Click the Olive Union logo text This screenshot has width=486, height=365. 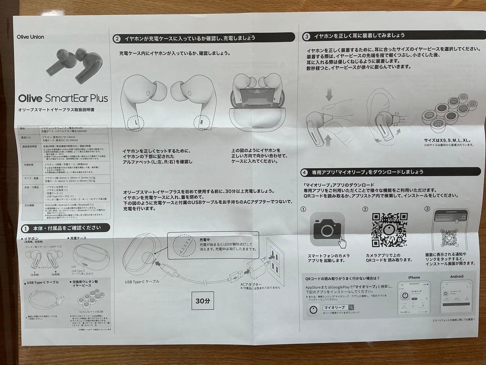point(30,37)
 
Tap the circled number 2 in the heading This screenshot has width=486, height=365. point(117,39)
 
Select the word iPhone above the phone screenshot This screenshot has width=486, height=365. point(414,277)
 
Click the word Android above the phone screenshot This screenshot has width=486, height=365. point(456,276)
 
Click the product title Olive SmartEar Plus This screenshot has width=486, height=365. point(63,98)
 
